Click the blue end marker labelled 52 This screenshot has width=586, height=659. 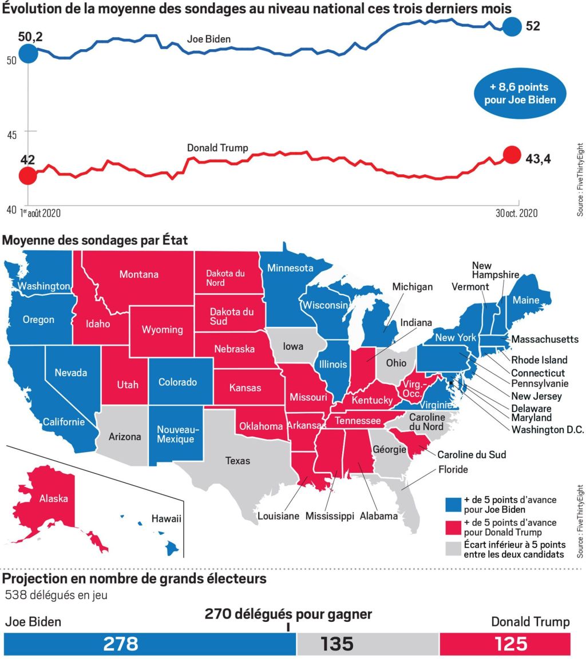point(512,26)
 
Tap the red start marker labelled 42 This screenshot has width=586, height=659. point(27,176)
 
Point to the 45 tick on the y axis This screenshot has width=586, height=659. point(11,134)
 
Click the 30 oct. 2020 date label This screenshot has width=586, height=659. point(516,213)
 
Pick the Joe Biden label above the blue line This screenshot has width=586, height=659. point(209,39)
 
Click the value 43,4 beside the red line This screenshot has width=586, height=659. point(538,159)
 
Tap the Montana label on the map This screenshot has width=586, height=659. point(138,274)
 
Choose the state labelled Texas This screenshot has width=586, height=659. point(237,461)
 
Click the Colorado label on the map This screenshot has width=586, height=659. point(177,382)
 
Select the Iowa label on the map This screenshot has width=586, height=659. point(293,346)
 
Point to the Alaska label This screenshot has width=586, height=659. point(53,498)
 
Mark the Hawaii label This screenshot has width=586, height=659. point(166,519)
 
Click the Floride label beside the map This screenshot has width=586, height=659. point(453,470)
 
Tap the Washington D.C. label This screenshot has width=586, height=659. point(548,430)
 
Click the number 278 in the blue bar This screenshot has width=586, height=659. point(121,644)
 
